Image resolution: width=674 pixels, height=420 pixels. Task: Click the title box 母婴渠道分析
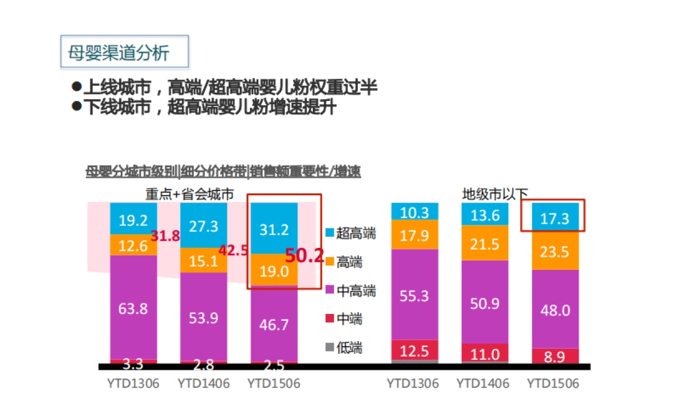click(124, 52)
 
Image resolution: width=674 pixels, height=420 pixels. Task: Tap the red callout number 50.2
click(304, 256)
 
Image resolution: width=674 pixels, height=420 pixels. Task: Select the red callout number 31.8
click(165, 236)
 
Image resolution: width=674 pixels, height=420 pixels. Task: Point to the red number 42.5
click(233, 251)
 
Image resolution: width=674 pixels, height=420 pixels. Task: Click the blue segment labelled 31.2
click(274, 229)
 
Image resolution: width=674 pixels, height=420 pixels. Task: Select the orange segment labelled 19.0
click(274, 271)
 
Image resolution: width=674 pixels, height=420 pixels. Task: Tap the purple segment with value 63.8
click(133, 307)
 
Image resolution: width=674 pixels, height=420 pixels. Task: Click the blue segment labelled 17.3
click(554, 218)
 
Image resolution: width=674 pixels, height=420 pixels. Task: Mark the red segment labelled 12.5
click(415, 350)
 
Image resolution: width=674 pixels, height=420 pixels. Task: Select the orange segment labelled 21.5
click(484, 243)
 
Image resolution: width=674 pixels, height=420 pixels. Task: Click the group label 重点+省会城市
click(189, 194)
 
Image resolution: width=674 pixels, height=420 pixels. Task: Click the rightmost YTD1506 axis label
click(553, 384)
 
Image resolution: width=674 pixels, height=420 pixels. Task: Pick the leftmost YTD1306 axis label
click(133, 384)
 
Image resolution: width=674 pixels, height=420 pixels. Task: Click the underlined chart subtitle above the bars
click(223, 172)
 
